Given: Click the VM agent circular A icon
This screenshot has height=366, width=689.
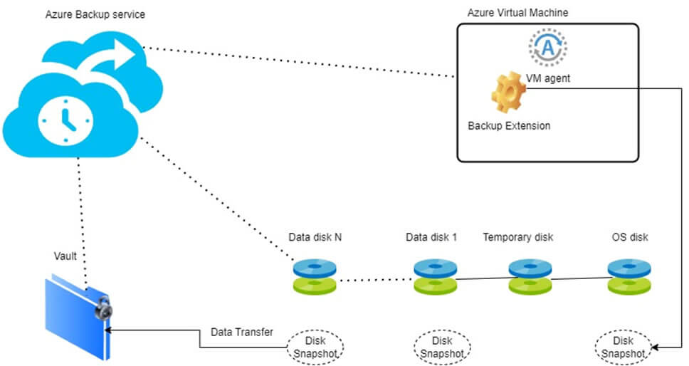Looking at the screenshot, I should click(x=547, y=47).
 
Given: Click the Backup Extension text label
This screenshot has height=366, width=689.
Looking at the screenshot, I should click(x=509, y=126).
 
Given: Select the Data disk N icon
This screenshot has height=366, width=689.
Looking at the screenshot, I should click(x=315, y=276).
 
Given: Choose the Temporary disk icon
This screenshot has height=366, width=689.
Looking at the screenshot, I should click(x=530, y=276).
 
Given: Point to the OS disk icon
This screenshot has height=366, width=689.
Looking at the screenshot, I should click(x=629, y=276).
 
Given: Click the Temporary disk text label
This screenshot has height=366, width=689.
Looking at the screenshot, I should click(x=517, y=237).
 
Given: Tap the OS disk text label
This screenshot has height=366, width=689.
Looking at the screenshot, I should click(x=630, y=237).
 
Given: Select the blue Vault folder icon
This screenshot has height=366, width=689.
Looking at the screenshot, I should click(x=77, y=316).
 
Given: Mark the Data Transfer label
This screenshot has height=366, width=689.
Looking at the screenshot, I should click(x=242, y=332).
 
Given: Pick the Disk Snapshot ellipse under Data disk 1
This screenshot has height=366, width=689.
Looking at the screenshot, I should click(x=441, y=347).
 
